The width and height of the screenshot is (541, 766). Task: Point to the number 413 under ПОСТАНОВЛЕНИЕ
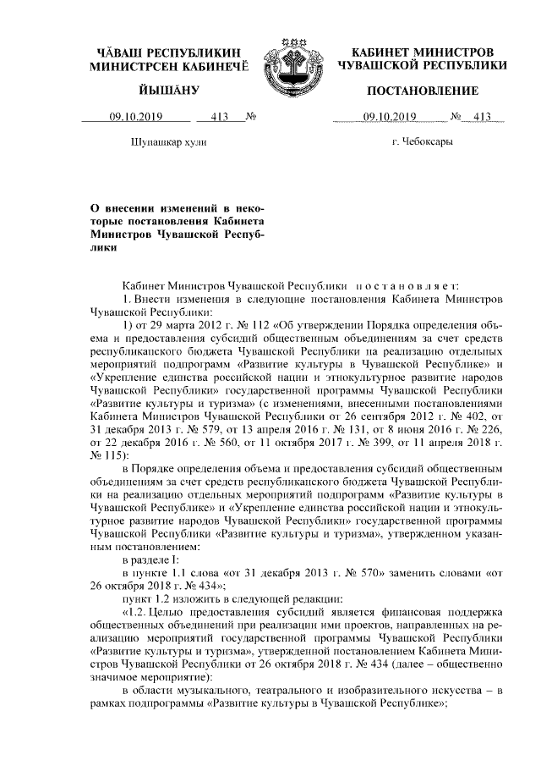tap(483, 118)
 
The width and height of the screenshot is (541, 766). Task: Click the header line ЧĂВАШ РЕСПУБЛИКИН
tap(169, 52)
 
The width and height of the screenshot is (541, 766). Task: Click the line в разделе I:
tap(150, 559)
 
